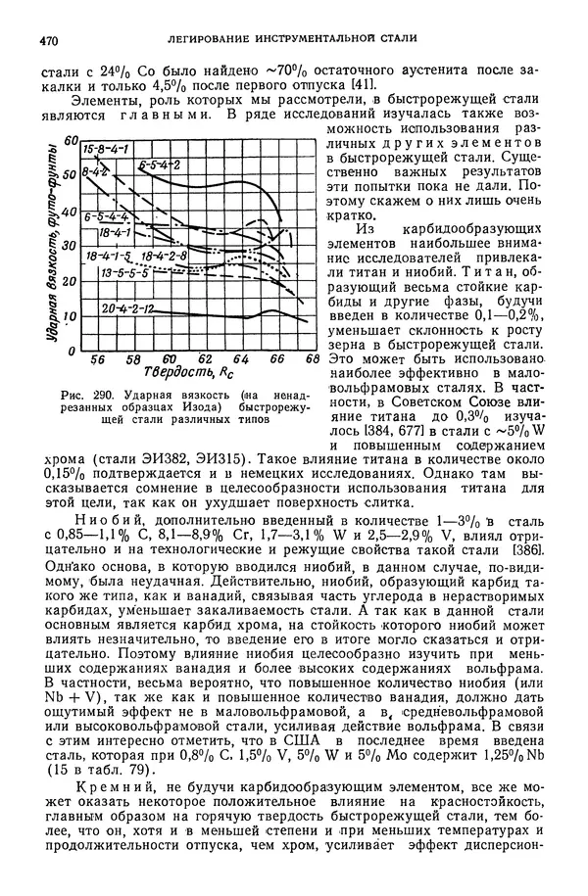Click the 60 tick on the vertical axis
pos(70,142)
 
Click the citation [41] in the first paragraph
pos(364,86)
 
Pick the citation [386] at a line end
pos(528,551)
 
